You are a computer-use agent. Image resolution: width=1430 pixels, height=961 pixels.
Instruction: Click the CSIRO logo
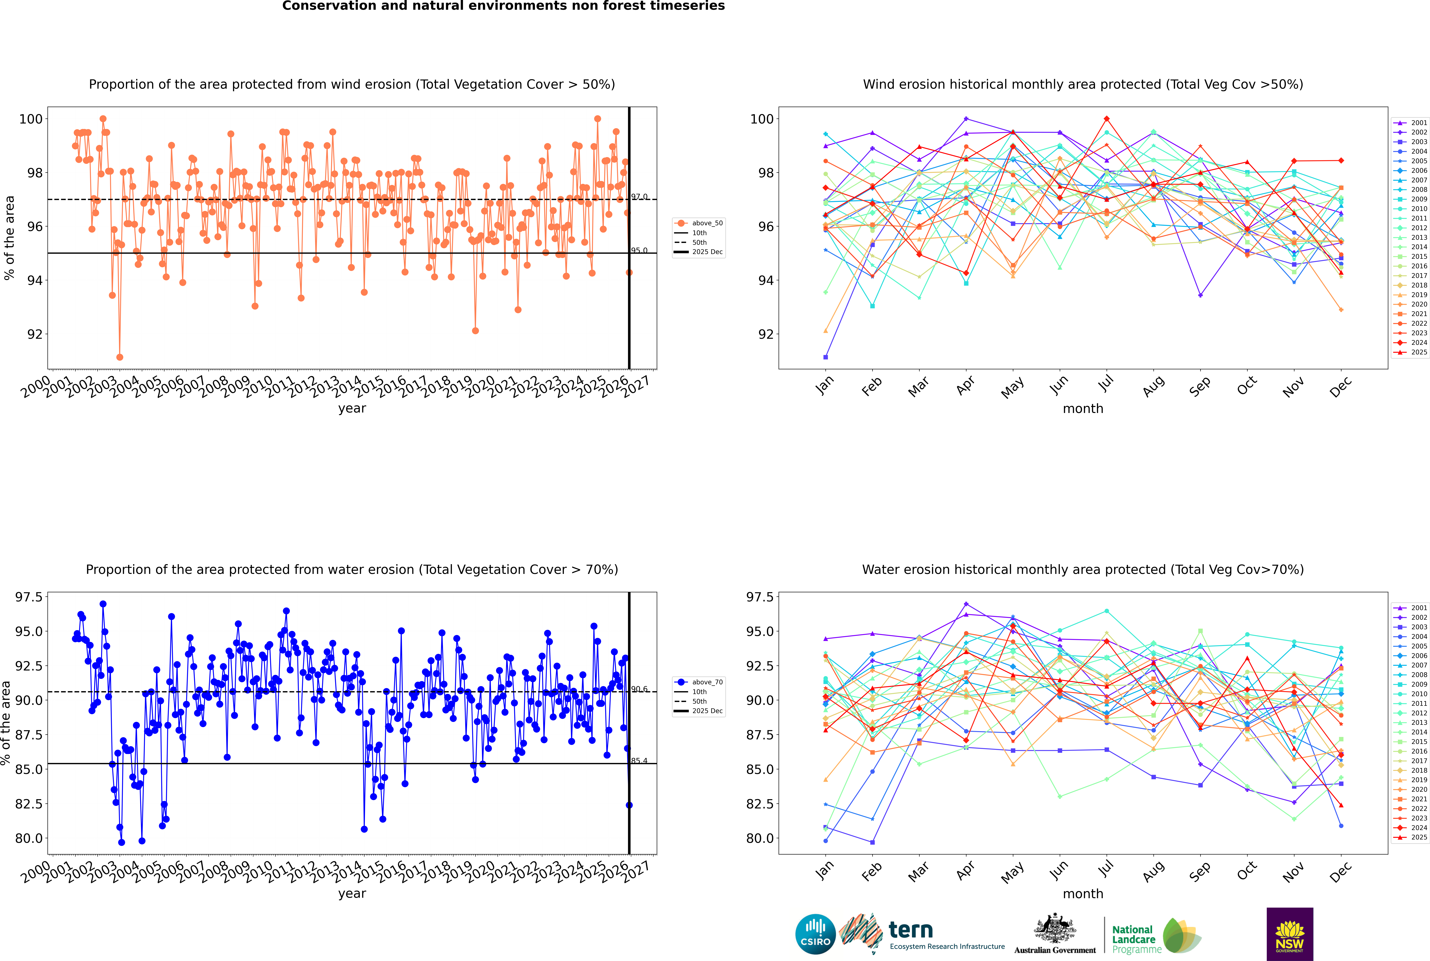815,934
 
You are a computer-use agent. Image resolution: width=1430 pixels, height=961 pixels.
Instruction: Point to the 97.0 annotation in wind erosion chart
639,197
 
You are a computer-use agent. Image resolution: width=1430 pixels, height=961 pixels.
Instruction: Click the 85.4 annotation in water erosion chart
639,761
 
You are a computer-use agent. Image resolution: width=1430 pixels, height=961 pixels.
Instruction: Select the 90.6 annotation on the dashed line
639,689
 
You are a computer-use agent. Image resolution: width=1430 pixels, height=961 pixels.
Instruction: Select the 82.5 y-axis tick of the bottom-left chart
29,803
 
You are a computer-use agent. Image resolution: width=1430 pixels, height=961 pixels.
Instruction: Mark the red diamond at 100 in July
1106,119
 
